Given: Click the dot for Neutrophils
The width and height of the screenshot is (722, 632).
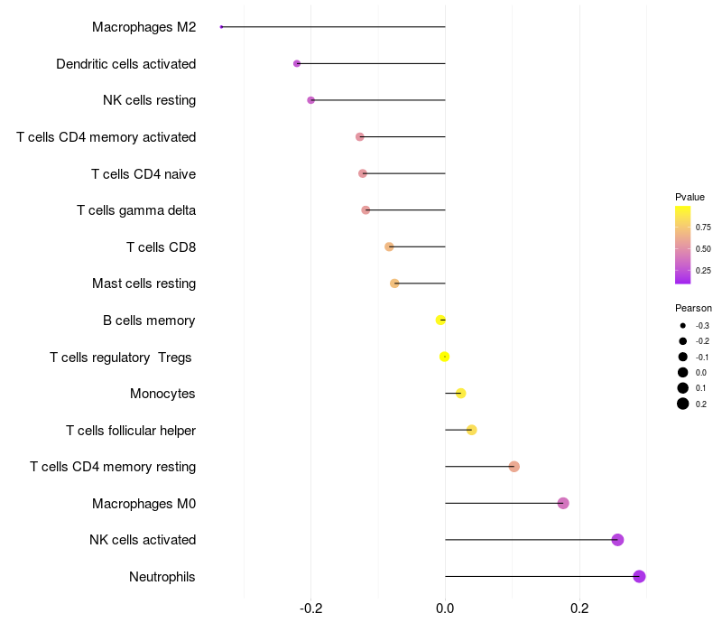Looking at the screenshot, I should (639, 576).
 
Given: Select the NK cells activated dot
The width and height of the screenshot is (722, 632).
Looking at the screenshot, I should (617, 540).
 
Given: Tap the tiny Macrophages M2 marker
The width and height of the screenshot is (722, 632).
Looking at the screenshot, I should (221, 27).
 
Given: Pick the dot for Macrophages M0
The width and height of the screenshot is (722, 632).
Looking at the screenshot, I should (563, 503).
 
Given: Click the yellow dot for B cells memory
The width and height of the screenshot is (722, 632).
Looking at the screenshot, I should (440, 320).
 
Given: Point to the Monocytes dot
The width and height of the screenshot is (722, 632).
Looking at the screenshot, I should (460, 393).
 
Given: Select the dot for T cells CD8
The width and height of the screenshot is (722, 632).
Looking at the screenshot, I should (389, 246).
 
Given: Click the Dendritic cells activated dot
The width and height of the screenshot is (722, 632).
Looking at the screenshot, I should (297, 63).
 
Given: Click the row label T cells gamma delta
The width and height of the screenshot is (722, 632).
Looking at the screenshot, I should (136, 210).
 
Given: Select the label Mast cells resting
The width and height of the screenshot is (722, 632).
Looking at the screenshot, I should (143, 283).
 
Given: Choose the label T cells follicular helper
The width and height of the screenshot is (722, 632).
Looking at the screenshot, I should (131, 430).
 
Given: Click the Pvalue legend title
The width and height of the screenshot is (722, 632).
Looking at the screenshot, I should (690, 197).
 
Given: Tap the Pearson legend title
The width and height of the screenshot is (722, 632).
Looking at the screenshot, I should (693, 308).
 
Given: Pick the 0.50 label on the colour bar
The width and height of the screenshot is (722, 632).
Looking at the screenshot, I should (703, 248).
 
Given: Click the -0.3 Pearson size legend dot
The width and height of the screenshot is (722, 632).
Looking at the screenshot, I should (683, 325).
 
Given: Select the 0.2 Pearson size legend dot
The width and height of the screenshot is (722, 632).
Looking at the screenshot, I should (683, 404).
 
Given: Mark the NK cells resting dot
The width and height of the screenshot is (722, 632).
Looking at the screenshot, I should (311, 100).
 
